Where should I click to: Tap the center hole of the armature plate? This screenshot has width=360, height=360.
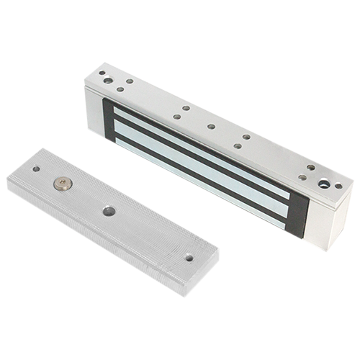coord(109,212)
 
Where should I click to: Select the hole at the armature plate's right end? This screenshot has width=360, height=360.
coord(189,256)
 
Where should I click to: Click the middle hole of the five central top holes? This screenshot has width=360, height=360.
coord(211,127)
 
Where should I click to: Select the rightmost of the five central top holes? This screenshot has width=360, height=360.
coord(246,137)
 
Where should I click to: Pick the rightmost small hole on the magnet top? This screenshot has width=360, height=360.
coord(338,186)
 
